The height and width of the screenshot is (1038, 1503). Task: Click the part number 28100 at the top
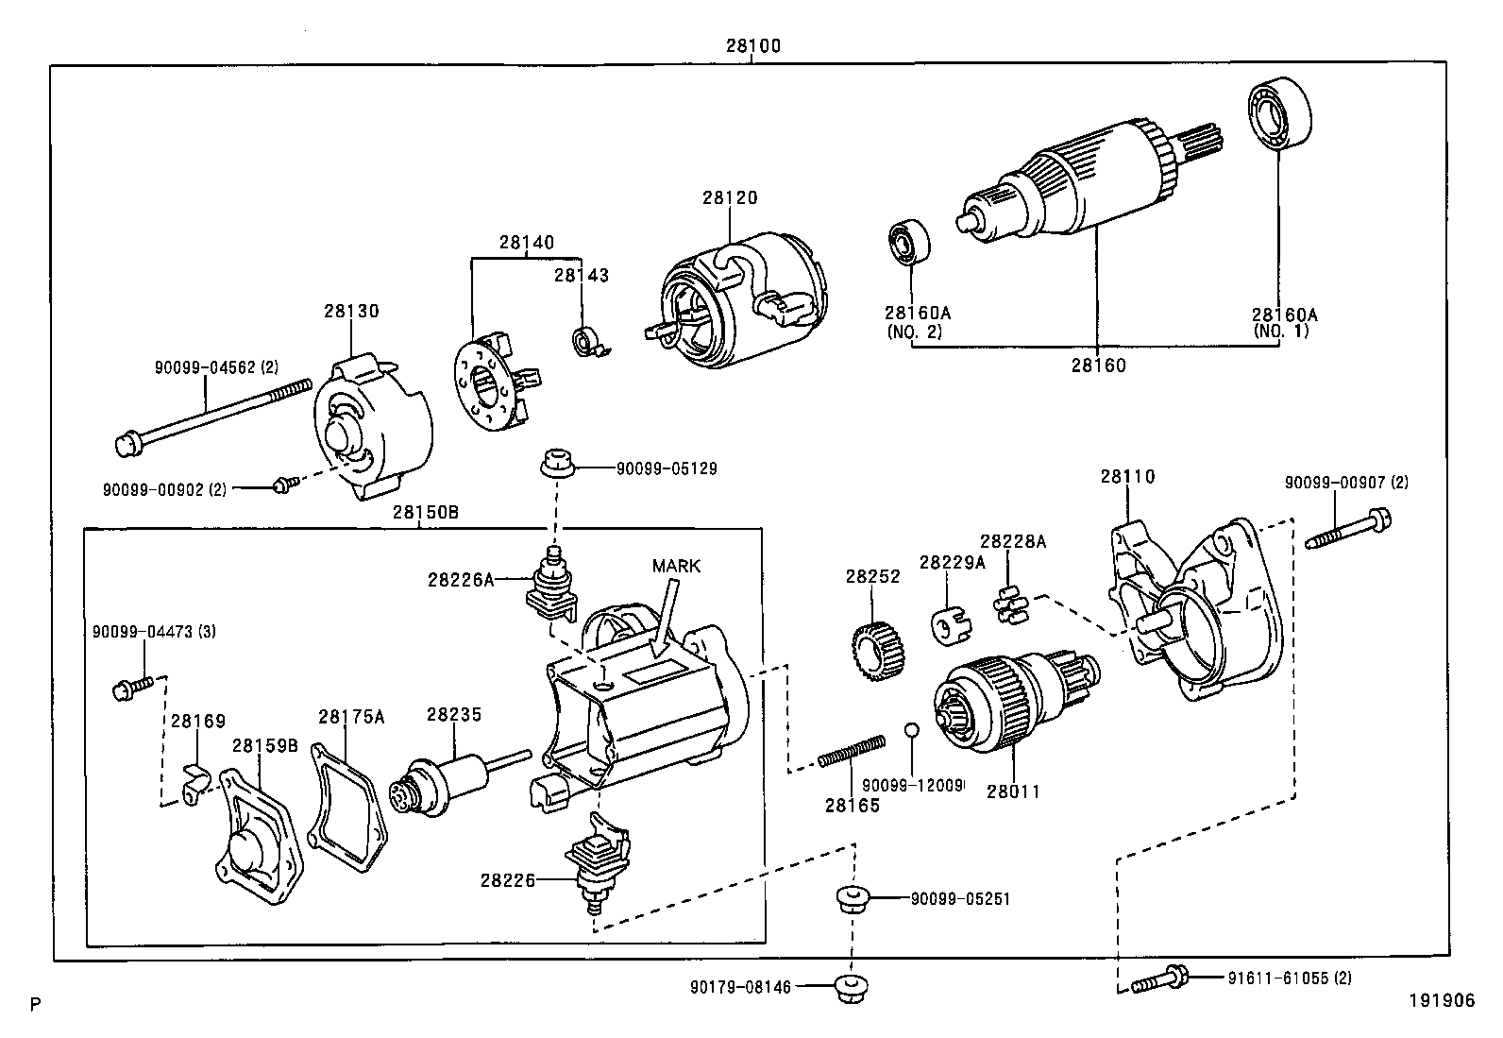pos(752,45)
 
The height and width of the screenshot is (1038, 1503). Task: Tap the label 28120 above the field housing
pos(729,198)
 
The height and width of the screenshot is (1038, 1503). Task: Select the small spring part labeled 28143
pos(590,341)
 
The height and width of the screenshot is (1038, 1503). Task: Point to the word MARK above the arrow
pos(676,566)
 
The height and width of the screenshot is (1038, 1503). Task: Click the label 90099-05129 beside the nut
pos(666,468)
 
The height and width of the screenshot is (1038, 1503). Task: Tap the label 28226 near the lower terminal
pos(507,880)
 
